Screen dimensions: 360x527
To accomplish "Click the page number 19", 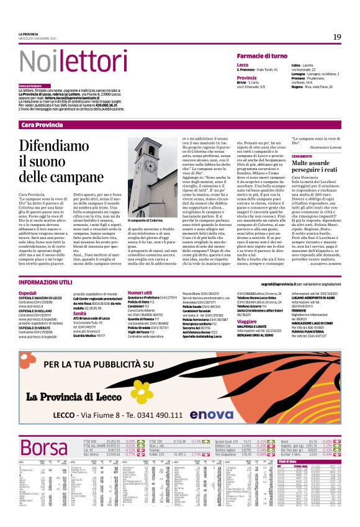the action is pos(336,37).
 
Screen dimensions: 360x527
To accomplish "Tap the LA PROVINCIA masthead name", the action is pos(28,34).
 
